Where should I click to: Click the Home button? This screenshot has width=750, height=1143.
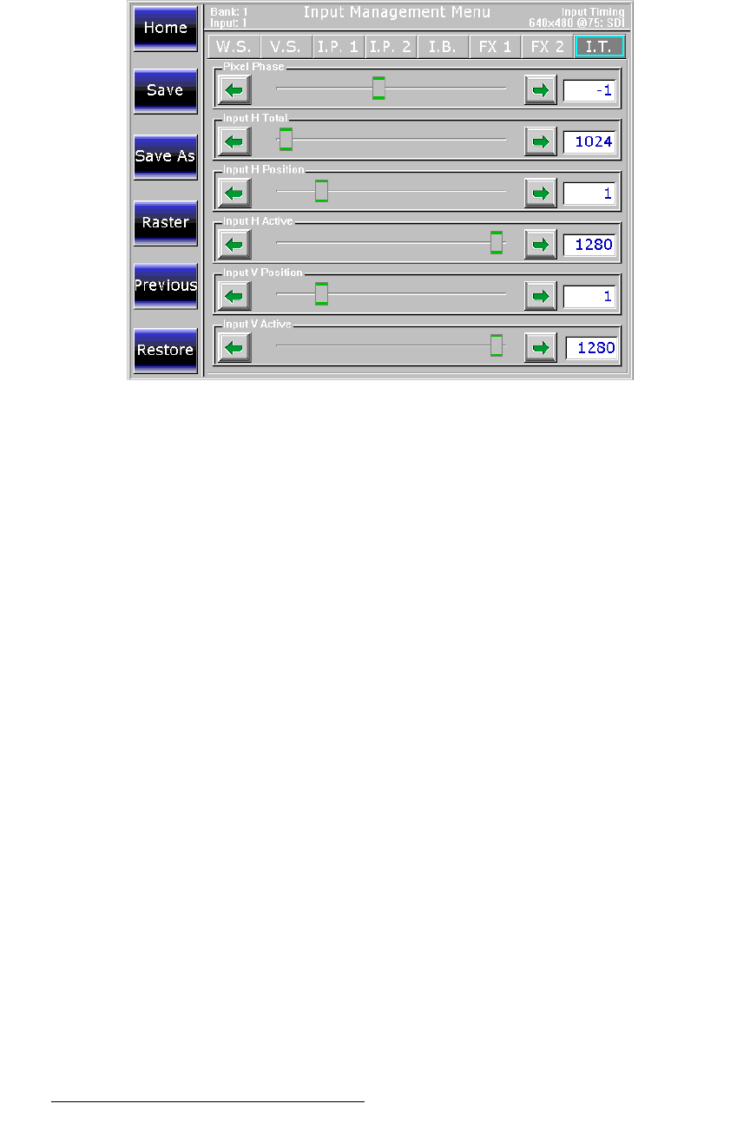(165, 29)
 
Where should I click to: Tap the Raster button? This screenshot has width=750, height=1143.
(165, 223)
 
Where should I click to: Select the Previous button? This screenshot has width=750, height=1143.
(165, 286)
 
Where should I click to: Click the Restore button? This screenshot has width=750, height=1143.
(165, 351)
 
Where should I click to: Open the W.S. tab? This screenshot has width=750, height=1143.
(234, 47)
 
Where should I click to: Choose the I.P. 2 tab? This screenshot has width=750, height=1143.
(391, 47)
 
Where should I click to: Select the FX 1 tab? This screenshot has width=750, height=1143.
(495, 47)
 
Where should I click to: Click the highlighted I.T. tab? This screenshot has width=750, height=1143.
(599, 47)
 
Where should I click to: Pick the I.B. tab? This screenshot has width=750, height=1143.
(443, 47)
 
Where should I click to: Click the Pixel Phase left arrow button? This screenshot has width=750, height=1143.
(234, 89)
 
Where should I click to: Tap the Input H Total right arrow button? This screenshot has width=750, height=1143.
(541, 141)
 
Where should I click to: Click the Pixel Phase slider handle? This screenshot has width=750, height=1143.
(378, 89)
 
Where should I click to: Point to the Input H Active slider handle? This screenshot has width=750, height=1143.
(497, 243)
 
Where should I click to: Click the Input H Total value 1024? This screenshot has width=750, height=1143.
(590, 141)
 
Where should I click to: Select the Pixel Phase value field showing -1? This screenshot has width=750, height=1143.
(590, 90)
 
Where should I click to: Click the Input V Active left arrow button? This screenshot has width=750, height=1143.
(234, 348)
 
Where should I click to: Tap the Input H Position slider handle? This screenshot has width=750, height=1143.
(321, 191)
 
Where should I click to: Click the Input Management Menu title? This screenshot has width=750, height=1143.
(397, 13)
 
